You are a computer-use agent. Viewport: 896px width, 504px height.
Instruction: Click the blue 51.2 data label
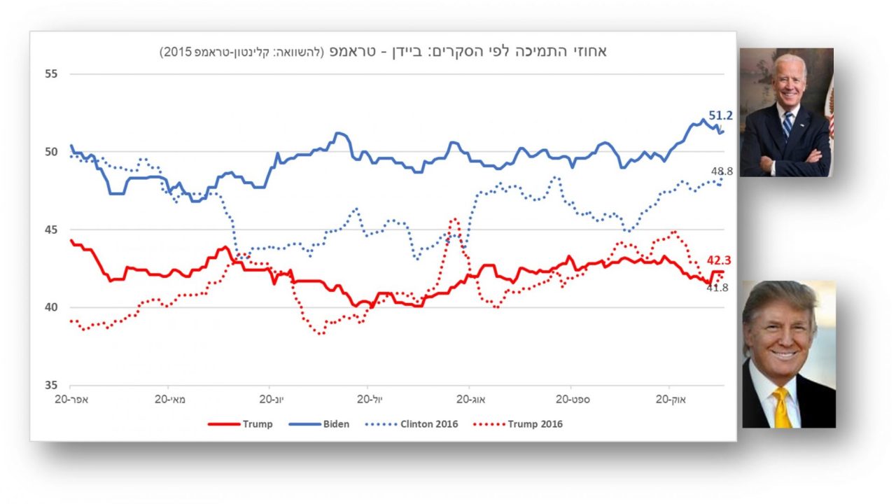tap(720, 115)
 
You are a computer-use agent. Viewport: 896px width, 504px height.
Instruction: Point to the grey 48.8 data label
tap(721, 171)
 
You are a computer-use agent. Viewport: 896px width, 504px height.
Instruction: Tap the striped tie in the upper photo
tap(788, 125)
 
